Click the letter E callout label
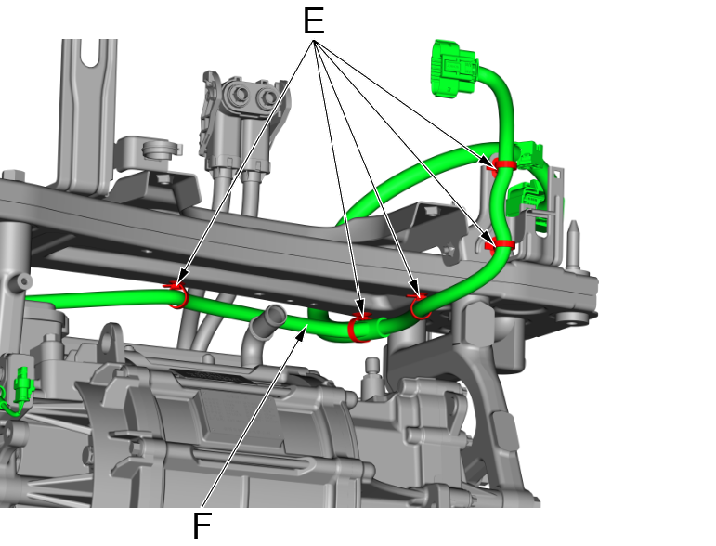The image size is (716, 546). (314, 21)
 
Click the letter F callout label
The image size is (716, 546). (202, 526)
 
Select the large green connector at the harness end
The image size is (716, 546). (454, 69)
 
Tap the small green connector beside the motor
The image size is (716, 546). (23, 385)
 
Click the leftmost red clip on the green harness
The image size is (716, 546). (176, 295)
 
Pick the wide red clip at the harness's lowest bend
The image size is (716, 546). (358, 328)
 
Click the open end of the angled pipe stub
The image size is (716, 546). (275, 315)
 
